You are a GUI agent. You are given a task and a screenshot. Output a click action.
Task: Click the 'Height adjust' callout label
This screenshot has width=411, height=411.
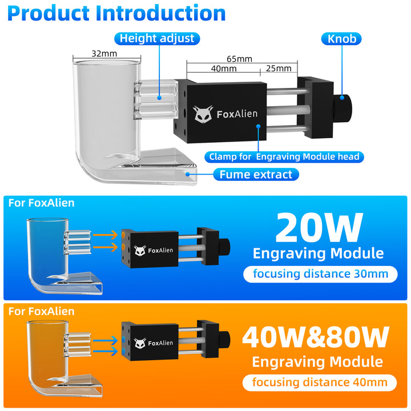point(157,39)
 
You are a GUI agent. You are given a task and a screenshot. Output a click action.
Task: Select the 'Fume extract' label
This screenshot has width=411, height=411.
point(255,174)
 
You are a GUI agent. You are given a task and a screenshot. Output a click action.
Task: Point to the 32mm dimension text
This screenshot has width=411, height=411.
point(104,53)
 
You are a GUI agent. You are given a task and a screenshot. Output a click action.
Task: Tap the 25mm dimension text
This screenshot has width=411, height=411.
point(279,68)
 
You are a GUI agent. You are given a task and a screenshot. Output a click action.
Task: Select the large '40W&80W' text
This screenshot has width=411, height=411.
point(316,337)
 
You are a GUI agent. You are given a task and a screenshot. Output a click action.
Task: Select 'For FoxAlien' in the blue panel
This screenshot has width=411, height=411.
point(41,203)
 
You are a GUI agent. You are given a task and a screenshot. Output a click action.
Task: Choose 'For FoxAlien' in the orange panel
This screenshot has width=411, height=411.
point(41,311)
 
